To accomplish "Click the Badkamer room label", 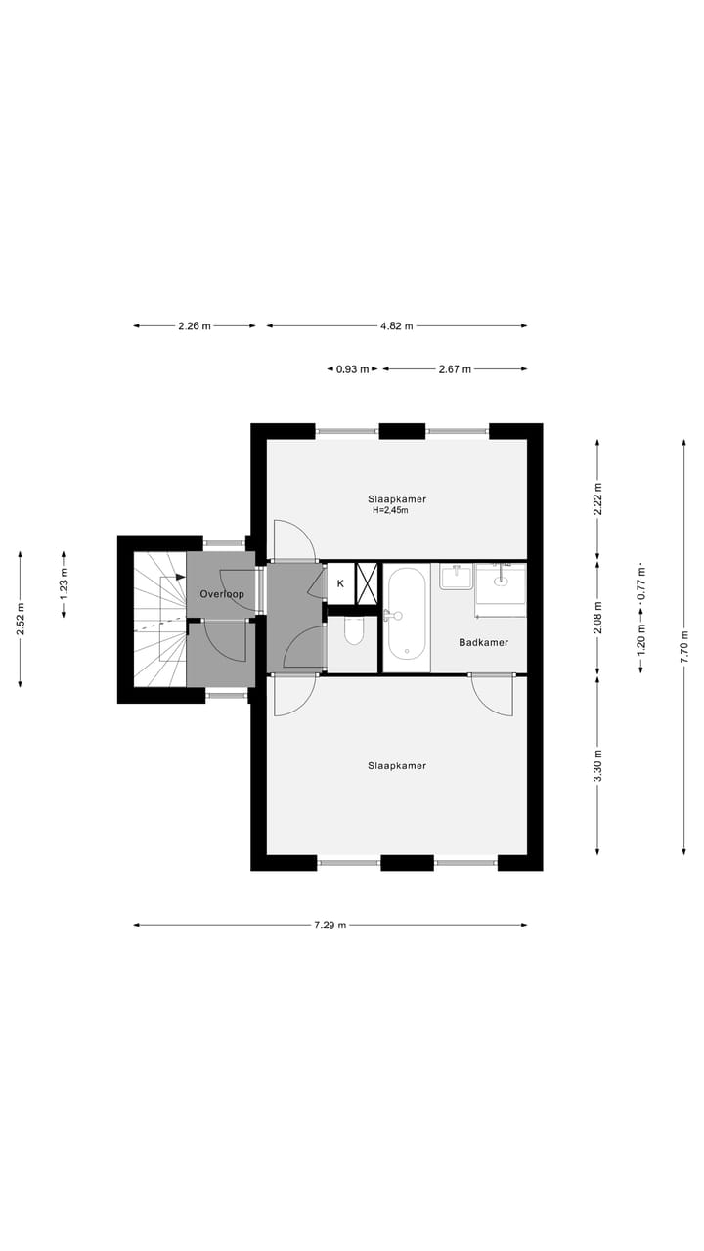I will (x=483, y=642).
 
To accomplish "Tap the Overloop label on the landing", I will (x=221, y=594).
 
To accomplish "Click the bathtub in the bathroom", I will (x=406, y=616).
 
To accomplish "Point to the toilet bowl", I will (x=353, y=632).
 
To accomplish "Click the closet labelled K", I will (x=340, y=583).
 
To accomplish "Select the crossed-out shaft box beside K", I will (x=367, y=582).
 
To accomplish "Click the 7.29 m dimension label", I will (x=330, y=925).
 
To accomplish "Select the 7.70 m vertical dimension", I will (x=684, y=647).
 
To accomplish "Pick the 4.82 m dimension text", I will (x=396, y=326).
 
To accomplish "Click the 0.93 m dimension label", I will (x=353, y=369).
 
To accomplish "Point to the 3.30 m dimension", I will (x=598, y=763).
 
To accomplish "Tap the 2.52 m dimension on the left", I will (x=20, y=620).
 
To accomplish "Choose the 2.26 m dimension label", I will (x=195, y=326).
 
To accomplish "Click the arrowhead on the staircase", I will (x=180, y=577).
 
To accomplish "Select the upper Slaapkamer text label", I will (x=397, y=498).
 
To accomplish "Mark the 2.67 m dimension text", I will (x=455, y=369).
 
